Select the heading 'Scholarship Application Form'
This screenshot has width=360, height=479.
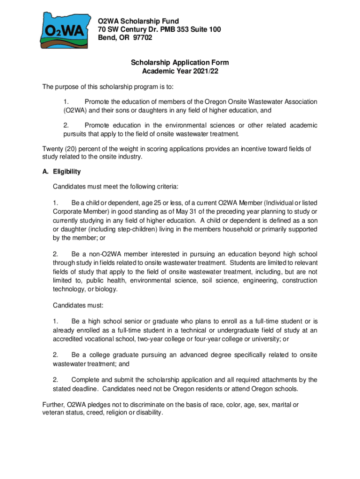tap(180, 63)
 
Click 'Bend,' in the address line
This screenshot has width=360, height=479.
tap(107, 38)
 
